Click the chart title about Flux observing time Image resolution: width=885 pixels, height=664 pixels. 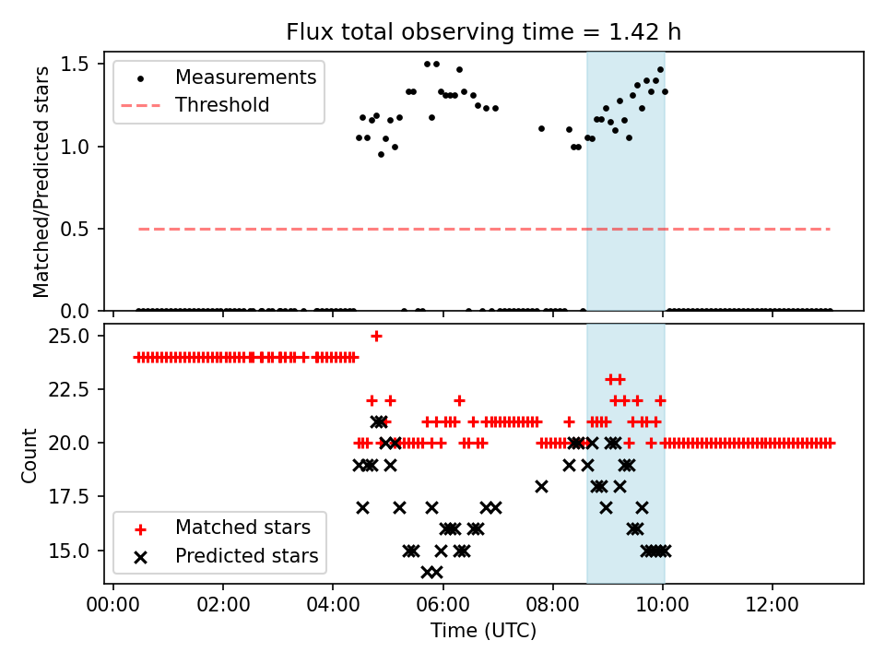(484, 32)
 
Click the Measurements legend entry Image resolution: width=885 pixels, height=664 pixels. (245, 77)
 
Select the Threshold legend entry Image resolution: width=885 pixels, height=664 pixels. (222, 105)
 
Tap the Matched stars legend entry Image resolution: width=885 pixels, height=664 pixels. (242, 528)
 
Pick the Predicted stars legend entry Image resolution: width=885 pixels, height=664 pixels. (246, 556)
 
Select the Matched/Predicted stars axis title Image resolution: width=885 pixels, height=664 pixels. (41, 182)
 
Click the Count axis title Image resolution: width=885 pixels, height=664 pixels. (30, 455)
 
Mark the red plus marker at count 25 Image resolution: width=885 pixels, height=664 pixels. (376, 336)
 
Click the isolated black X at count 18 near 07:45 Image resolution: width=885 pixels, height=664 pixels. (541, 486)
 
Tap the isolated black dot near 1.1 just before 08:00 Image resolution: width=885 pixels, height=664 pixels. (541, 128)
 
